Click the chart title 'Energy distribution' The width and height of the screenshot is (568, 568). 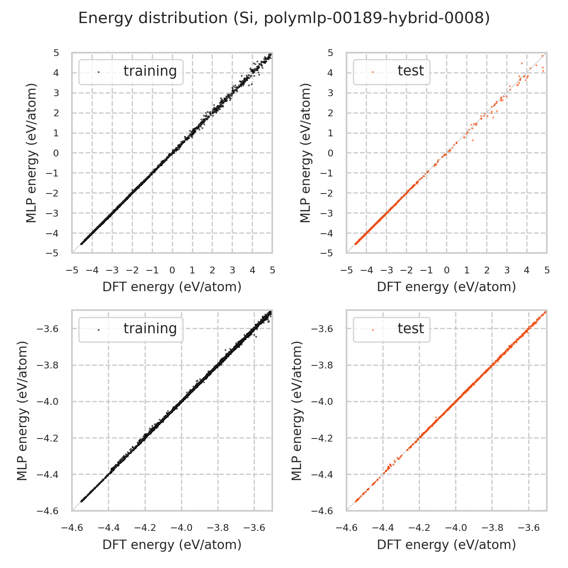coord(284,18)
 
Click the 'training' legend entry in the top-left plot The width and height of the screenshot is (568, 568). coord(150,71)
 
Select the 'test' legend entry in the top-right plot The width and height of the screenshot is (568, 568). coord(410,71)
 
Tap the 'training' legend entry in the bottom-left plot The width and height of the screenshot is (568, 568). coord(150,329)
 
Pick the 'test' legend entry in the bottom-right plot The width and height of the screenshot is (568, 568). coord(410,329)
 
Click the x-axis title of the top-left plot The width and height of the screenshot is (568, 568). coord(172,287)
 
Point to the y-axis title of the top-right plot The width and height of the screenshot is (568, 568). coord(305,153)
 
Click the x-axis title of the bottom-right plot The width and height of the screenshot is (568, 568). coord(446,545)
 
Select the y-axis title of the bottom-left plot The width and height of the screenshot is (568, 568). coord(23,411)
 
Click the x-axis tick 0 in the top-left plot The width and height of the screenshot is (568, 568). coord(172,270)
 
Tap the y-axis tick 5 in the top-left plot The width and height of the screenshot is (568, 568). coord(56,53)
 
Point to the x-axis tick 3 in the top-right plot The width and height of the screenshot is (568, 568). coord(507,270)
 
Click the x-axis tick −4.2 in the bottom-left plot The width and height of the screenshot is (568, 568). coord(145,528)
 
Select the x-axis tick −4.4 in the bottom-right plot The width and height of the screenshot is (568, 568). coord(383,528)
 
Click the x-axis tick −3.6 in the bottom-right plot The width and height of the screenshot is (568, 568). coord(529,528)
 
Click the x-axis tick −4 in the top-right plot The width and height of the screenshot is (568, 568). coord(366,270)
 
